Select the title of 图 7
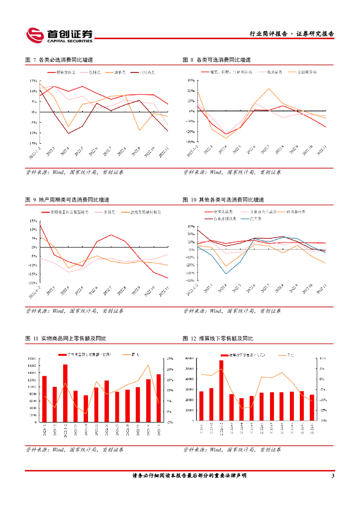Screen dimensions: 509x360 click(59, 60)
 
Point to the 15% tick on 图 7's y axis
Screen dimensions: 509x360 click(33, 81)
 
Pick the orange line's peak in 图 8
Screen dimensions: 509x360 click(269, 89)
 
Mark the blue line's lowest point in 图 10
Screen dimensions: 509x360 click(226, 273)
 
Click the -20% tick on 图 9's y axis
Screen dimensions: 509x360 click(32, 283)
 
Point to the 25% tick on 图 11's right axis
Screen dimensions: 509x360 click(170, 359)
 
